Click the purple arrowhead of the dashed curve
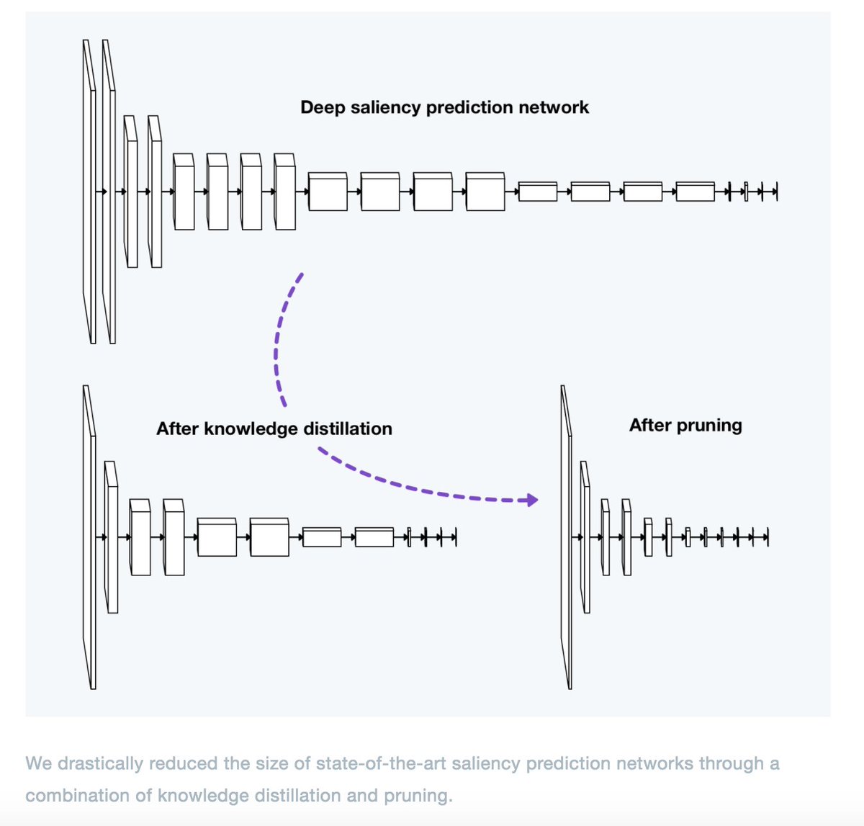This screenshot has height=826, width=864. point(531,500)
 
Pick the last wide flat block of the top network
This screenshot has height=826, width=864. point(696,192)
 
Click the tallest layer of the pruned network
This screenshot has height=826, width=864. point(567,537)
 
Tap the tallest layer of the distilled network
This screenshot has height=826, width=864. point(89,537)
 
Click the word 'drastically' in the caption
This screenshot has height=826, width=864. point(100,763)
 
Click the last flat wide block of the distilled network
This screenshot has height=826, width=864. point(374,537)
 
